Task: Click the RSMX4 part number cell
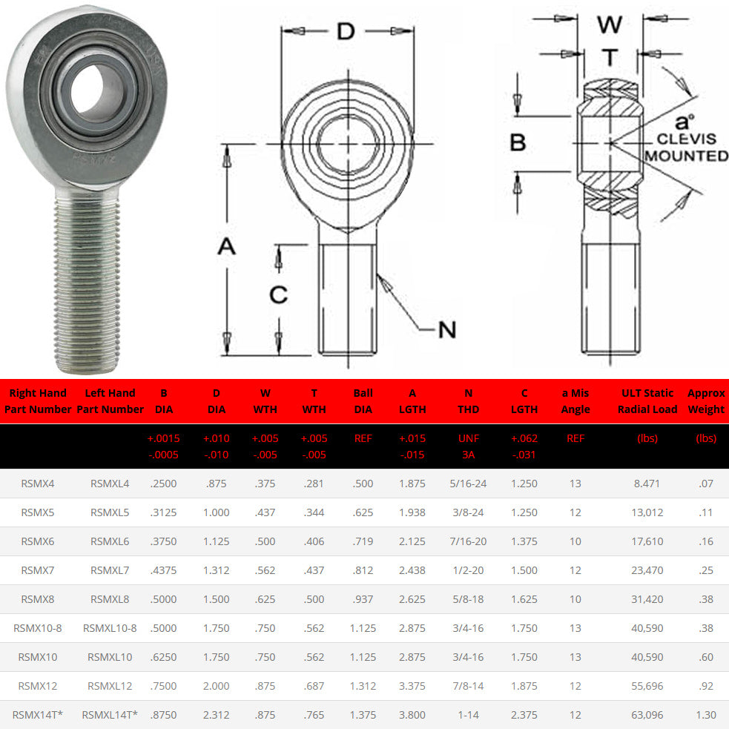(x=38, y=484)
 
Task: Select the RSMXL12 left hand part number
(x=110, y=686)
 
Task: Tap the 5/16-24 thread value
(x=468, y=484)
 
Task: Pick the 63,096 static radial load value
(x=647, y=715)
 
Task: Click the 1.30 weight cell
(x=706, y=715)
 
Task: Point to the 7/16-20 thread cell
(x=468, y=541)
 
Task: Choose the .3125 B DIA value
(x=163, y=512)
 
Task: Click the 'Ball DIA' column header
(x=363, y=401)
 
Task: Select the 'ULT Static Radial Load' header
(x=647, y=401)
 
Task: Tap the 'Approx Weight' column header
(x=706, y=401)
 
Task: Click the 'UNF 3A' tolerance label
(x=468, y=446)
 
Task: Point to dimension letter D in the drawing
(x=346, y=31)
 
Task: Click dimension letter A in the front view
(x=226, y=246)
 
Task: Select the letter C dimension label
(x=278, y=295)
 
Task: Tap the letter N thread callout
(x=446, y=329)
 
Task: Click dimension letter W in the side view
(x=610, y=24)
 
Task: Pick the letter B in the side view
(x=518, y=142)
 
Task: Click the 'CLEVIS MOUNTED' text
(x=686, y=148)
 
